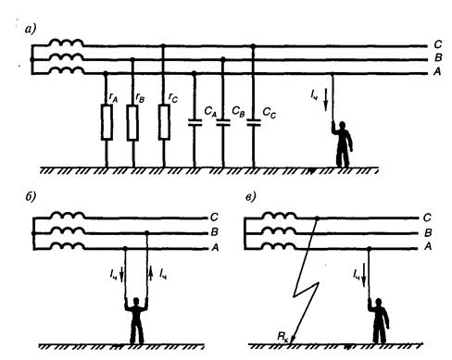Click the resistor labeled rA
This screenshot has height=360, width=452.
(x=107, y=122)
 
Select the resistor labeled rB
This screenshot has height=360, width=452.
(x=132, y=122)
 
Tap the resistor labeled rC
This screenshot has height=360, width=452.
(x=164, y=122)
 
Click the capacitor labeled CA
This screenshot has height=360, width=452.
(x=195, y=122)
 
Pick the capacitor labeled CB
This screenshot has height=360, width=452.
(x=223, y=122)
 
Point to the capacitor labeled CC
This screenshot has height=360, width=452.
(x=254, y=122)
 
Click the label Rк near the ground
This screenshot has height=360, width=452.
(x=282, y=337)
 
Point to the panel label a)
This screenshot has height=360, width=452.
(x=31, y=30)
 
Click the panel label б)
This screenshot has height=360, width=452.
(x=31, y=196)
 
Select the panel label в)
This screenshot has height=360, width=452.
(x=251, y=197)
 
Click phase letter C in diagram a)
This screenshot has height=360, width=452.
(x=437, y=44)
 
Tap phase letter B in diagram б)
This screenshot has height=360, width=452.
(x=214, y=232)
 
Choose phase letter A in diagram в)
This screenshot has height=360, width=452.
(x=428, y=246)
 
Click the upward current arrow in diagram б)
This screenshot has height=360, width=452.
(x=151, y=273)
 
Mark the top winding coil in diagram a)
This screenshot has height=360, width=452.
(x=67, y=43)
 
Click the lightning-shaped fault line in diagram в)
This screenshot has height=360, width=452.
(x=305, y=280)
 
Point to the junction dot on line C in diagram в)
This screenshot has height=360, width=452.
(x=317, y=218)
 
